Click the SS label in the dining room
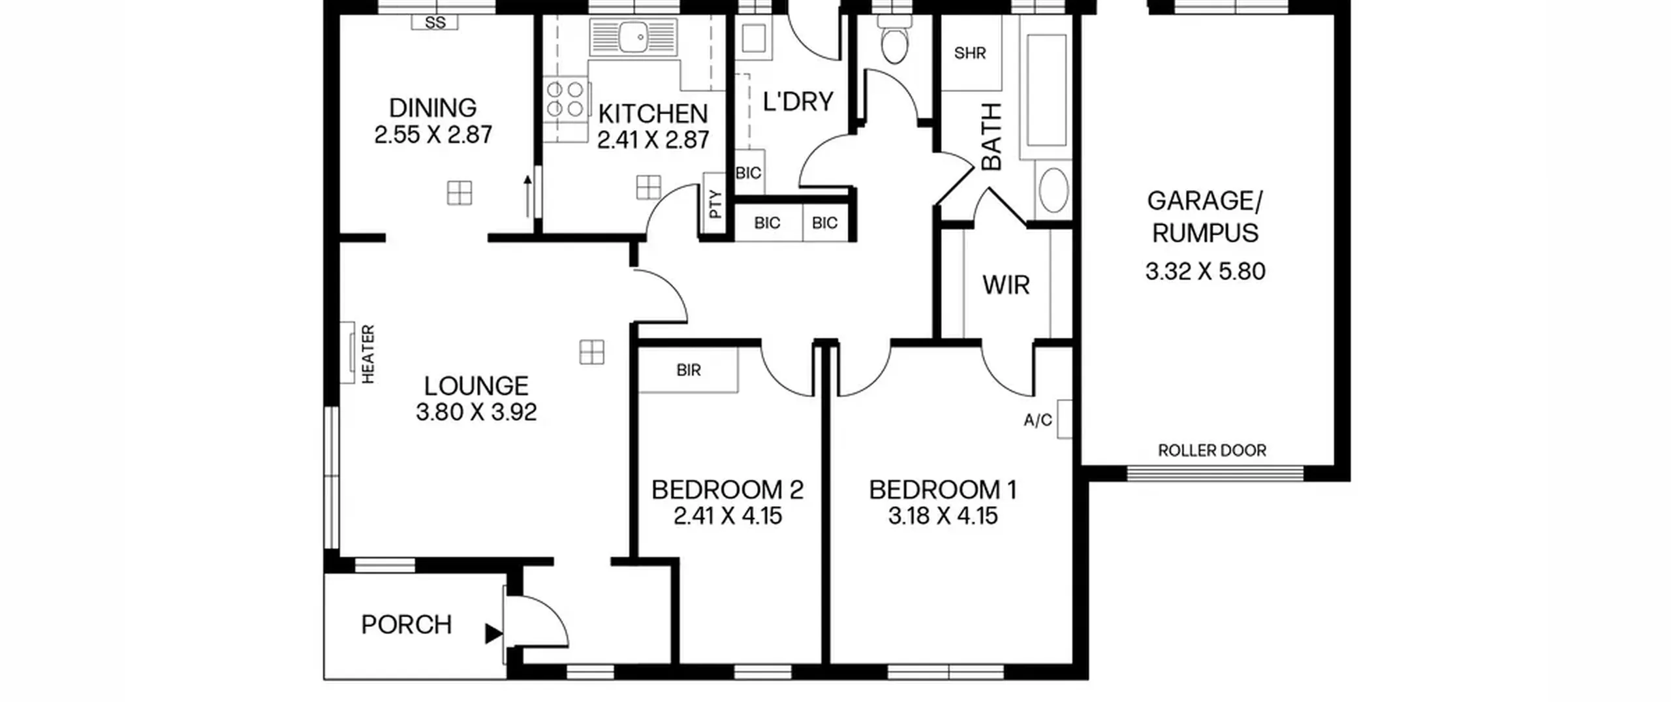[435, 23]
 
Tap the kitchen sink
[633, 37]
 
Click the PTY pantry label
[716, 204]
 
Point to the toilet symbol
[894, 39]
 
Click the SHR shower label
[970, 53]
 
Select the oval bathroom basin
[1053, 190]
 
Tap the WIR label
[1006, 285]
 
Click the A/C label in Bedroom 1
[1038, 420]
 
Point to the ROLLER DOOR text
[1212, 451]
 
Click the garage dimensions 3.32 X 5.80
[1205, 271]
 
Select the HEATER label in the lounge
[368, 355]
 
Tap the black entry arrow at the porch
[493, 633]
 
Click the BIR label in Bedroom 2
[689, 370]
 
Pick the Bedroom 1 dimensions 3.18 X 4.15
[943, 516]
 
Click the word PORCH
[406, 625]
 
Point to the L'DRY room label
[798, 102]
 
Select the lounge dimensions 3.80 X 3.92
[476, 412]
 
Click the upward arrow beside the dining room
[527, 196]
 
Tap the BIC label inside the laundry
[748, 173]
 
